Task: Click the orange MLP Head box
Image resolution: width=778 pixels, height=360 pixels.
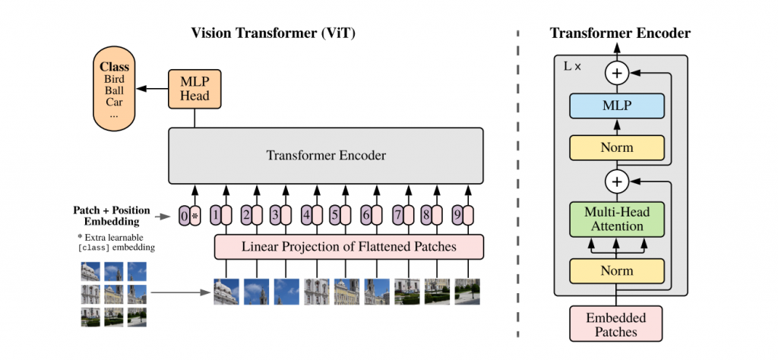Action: pos(194,89)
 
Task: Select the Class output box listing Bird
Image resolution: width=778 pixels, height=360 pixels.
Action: pos(114,89)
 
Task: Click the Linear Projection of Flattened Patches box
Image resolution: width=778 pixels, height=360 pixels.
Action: pos(349,247)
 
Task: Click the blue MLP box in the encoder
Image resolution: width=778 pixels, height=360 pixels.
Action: pos(616,107)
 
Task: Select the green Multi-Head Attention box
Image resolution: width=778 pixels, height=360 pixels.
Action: pos(616,219)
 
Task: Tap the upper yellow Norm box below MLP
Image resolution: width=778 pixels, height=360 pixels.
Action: pos(616,147)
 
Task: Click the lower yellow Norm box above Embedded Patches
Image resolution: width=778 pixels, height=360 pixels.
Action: pos(616,270)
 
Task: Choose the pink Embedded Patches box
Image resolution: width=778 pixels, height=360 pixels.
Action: pos(616,324)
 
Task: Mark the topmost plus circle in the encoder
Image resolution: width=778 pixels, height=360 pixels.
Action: pos(616,74)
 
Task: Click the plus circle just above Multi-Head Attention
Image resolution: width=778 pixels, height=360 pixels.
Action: pos(616,182)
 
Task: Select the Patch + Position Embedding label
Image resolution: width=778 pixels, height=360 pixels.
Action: pos(112,216)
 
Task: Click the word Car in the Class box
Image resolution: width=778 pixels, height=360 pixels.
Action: pos(114,102)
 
